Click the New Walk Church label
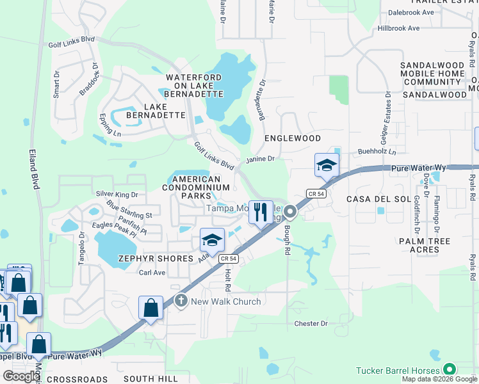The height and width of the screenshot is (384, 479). tap(226, 301)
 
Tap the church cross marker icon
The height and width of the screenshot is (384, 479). tap(181, 301)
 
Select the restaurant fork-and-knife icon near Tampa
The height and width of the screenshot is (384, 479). tap(261, 212)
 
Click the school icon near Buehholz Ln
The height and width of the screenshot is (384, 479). tap(327, 165)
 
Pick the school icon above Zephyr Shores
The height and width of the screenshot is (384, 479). tap(212, 240)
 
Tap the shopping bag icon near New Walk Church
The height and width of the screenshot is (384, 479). tap(150, 307)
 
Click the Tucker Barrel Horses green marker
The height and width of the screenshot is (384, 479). tap(450, 369)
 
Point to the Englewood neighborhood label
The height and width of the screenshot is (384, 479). tap(293, 138)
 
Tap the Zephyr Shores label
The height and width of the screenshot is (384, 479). tap(156, 259)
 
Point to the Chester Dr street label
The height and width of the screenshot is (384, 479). tap(311, 324)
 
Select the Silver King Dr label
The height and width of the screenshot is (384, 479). tap(117, 193)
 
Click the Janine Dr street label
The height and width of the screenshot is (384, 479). tap(259, 159)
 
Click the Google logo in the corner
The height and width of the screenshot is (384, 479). tap(21, 376)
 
